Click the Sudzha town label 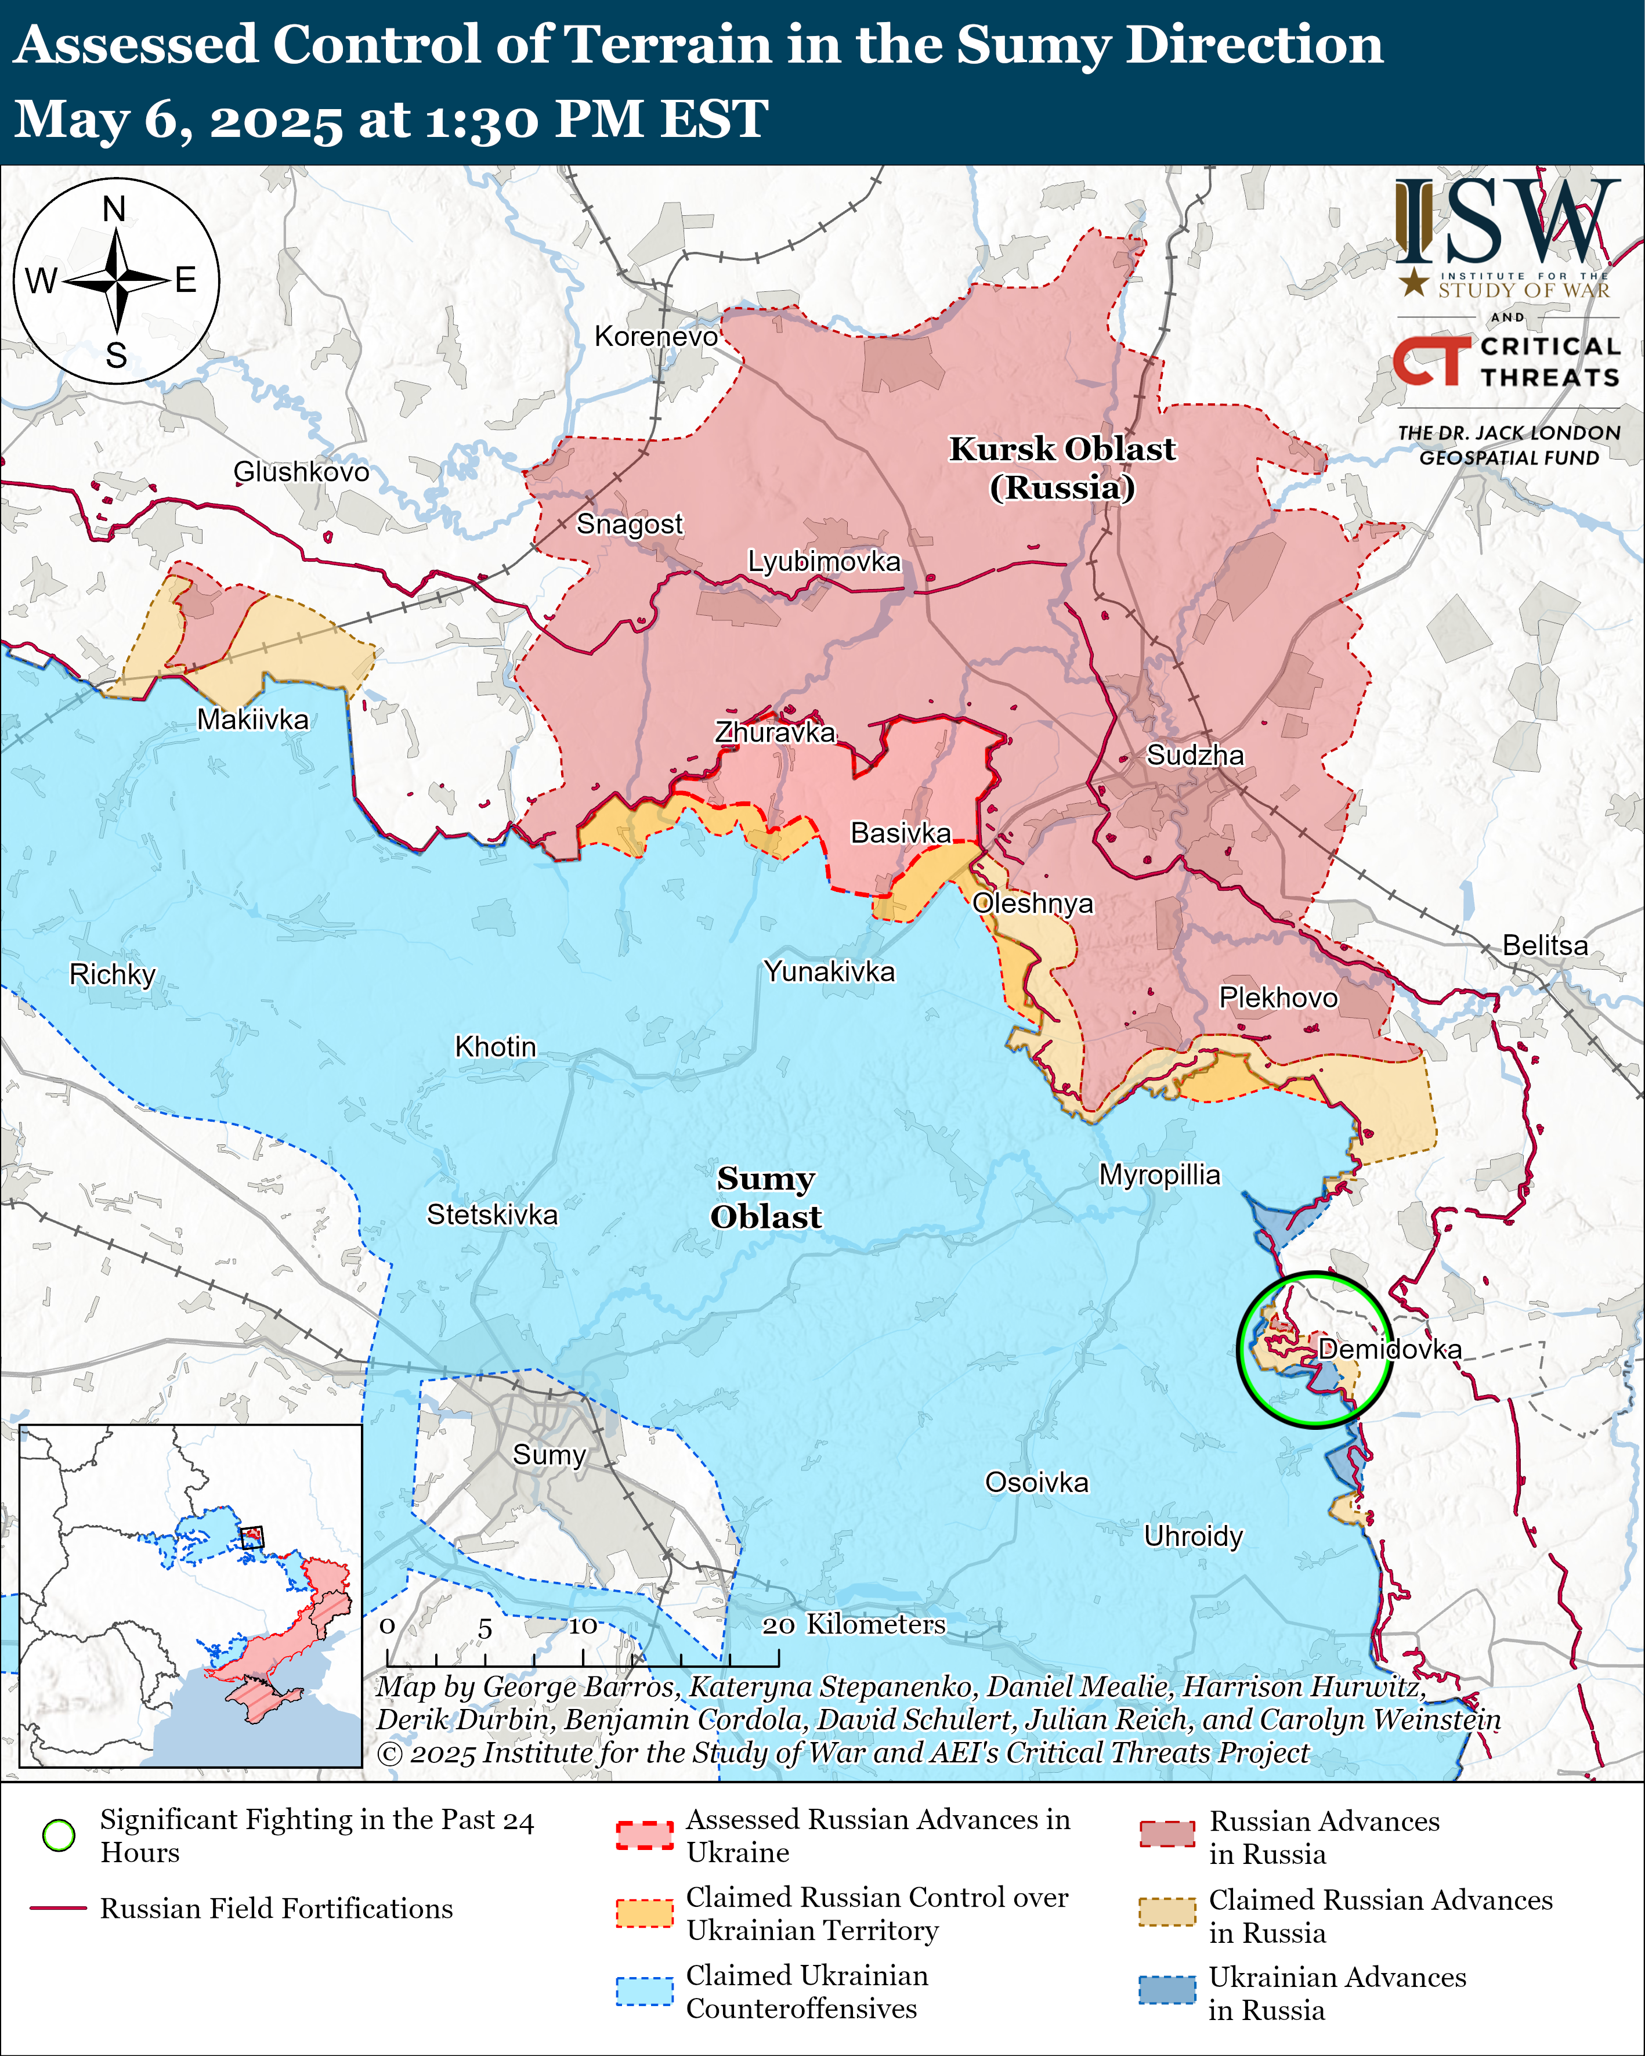1194,756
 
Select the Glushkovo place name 301,471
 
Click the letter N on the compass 114,209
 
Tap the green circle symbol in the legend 59,1835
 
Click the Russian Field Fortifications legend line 59,1908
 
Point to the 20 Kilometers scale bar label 854,1624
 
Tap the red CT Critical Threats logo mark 1430,360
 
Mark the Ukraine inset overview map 191,1595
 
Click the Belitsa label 1545,945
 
